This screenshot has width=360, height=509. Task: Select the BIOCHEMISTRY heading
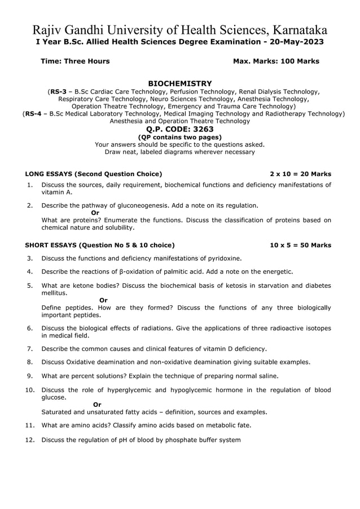[179, 83]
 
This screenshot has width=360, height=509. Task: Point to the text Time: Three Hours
[75, 61]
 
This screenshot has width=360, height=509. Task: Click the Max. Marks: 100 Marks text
[276, 61]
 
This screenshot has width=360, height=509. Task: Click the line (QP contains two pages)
[179, 137]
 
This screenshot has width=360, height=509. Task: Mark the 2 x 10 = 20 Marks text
[300, 174]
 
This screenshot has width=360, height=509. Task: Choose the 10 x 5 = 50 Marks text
[300, 245]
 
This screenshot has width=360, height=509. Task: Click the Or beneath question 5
[103, 300]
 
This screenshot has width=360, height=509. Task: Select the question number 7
[30, 349]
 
